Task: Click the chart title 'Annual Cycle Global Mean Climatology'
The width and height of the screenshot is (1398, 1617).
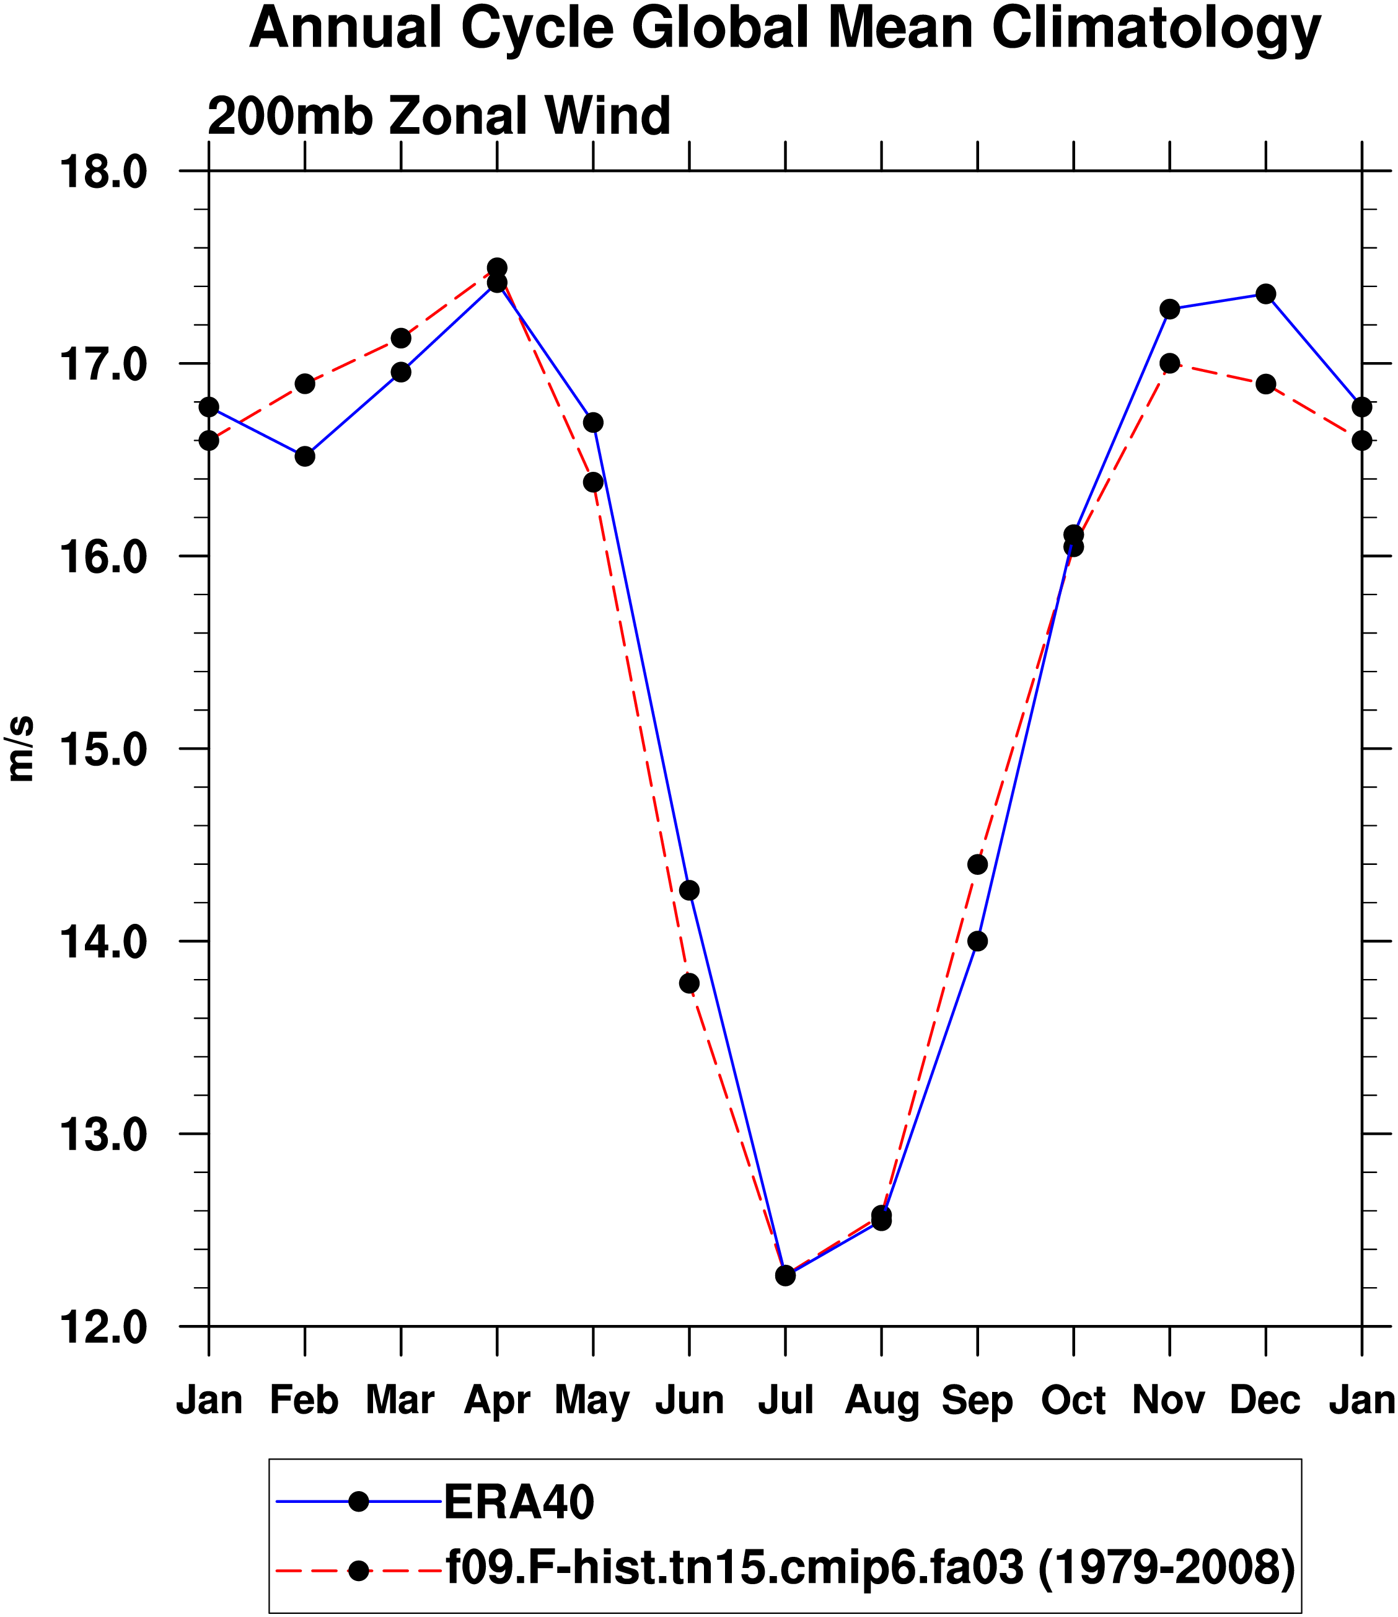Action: click(x=785, y=29)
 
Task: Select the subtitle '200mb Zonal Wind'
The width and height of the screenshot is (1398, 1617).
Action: click(x=439, y=117)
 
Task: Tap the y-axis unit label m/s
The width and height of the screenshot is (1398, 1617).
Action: click(x=21, y=748)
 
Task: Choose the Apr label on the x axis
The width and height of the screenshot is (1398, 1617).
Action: click(x=497, y=1401)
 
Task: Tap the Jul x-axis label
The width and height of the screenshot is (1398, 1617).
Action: click(x=786, y=1400)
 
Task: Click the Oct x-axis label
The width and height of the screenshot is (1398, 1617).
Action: click(x=1073, y=1400)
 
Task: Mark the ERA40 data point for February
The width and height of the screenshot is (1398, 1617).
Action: click(x=305, y=456)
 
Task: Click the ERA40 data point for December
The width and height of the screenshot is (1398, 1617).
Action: click(x=1265, y=293)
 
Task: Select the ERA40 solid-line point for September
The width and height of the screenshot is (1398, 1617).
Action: click(x=977, y=941)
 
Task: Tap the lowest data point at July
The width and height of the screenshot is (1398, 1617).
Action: click(x=786, y=1276)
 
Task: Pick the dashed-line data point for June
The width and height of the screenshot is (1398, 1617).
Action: click(x=690, y=983)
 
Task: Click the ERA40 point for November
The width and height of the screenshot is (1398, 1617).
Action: click(x=1169, y=309)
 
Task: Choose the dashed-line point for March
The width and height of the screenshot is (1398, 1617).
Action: click(x=401, y=338)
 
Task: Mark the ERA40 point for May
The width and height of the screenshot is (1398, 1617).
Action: click(x=593, y=422)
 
